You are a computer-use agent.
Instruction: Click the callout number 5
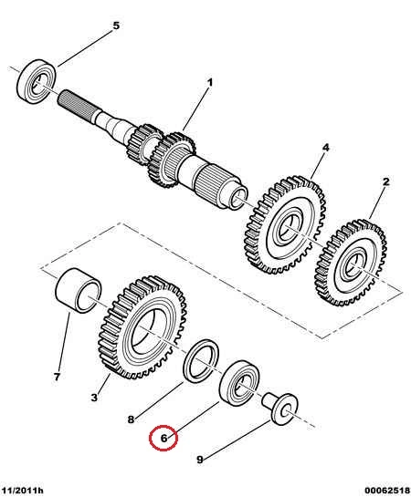pos(116,26)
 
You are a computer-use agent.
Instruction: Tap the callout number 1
pos(210,83)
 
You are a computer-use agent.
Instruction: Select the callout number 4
pos(326,148)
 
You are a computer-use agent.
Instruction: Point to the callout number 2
pos(385,182)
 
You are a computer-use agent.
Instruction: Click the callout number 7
pos(57,377)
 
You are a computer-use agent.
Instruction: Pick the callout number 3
pos(94,398)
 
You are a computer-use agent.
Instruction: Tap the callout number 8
pos(131,419)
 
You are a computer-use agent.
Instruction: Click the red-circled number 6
pos(163,439)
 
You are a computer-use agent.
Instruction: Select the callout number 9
pos(200,460)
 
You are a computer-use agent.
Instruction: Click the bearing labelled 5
pos(37,82)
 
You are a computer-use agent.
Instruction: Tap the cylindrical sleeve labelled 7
pos(78,290)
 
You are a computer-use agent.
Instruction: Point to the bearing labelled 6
pos(239,383)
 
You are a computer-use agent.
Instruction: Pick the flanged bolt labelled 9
pos(280,409)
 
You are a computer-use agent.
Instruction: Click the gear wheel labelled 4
pos(285,225)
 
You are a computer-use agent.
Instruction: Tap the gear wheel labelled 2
pos(351,263)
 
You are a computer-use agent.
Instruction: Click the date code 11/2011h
pos(21,491)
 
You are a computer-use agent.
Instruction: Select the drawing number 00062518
pos(387,491)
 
